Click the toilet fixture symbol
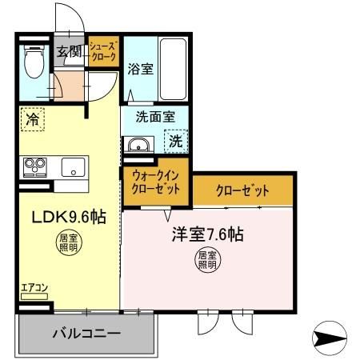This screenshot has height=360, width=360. pyautogui.click(x=33, y=62)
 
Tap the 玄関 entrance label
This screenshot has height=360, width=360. pyautogui.click(x=70, y=53)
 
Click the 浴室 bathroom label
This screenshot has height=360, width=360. pyautogui.click(x=141, y=70)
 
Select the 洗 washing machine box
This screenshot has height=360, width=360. pyautogui.click(x=176, y=143)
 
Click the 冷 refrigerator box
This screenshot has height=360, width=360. pyautogui.click(x=33, y=119)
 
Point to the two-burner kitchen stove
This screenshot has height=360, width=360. pyautogui.click(x=34, y=167)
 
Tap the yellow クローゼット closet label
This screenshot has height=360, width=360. pyautogui.click(x=242, y=190)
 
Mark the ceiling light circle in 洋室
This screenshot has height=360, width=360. pyautogui.click(x=207, y=261)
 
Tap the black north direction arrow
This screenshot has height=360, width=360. pyautogui.click(x=327, y=340)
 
